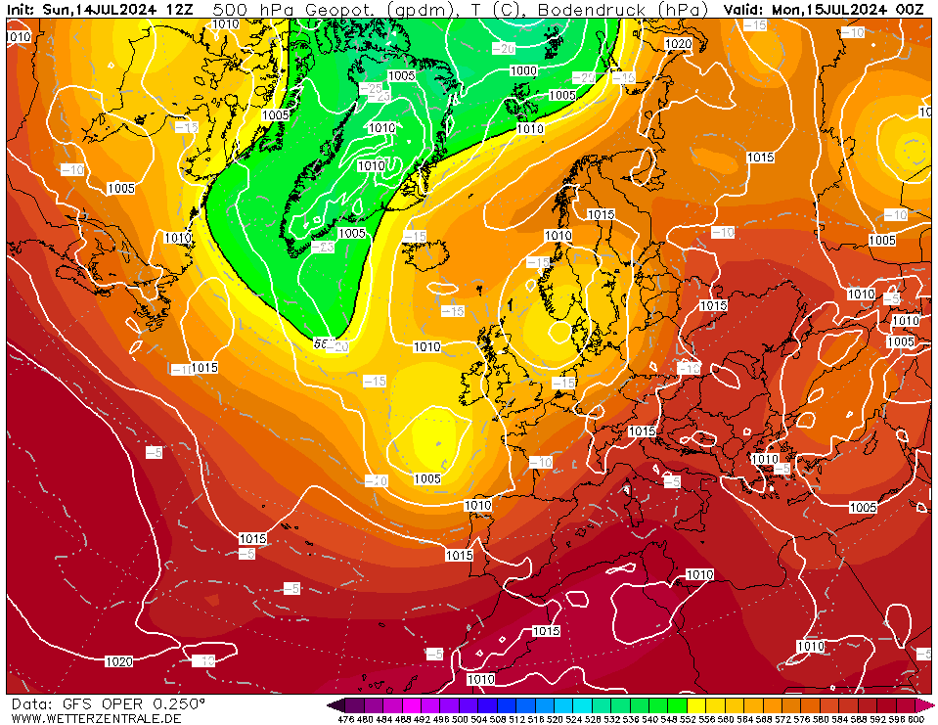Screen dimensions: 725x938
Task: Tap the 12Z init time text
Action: pos(179,9)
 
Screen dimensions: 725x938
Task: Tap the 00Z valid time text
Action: pos(910,9)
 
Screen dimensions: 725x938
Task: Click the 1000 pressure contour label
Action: pos(523,70)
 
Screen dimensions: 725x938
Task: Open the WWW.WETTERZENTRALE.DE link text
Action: pos(95,718)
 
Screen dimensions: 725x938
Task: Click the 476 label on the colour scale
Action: pos(345,719)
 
